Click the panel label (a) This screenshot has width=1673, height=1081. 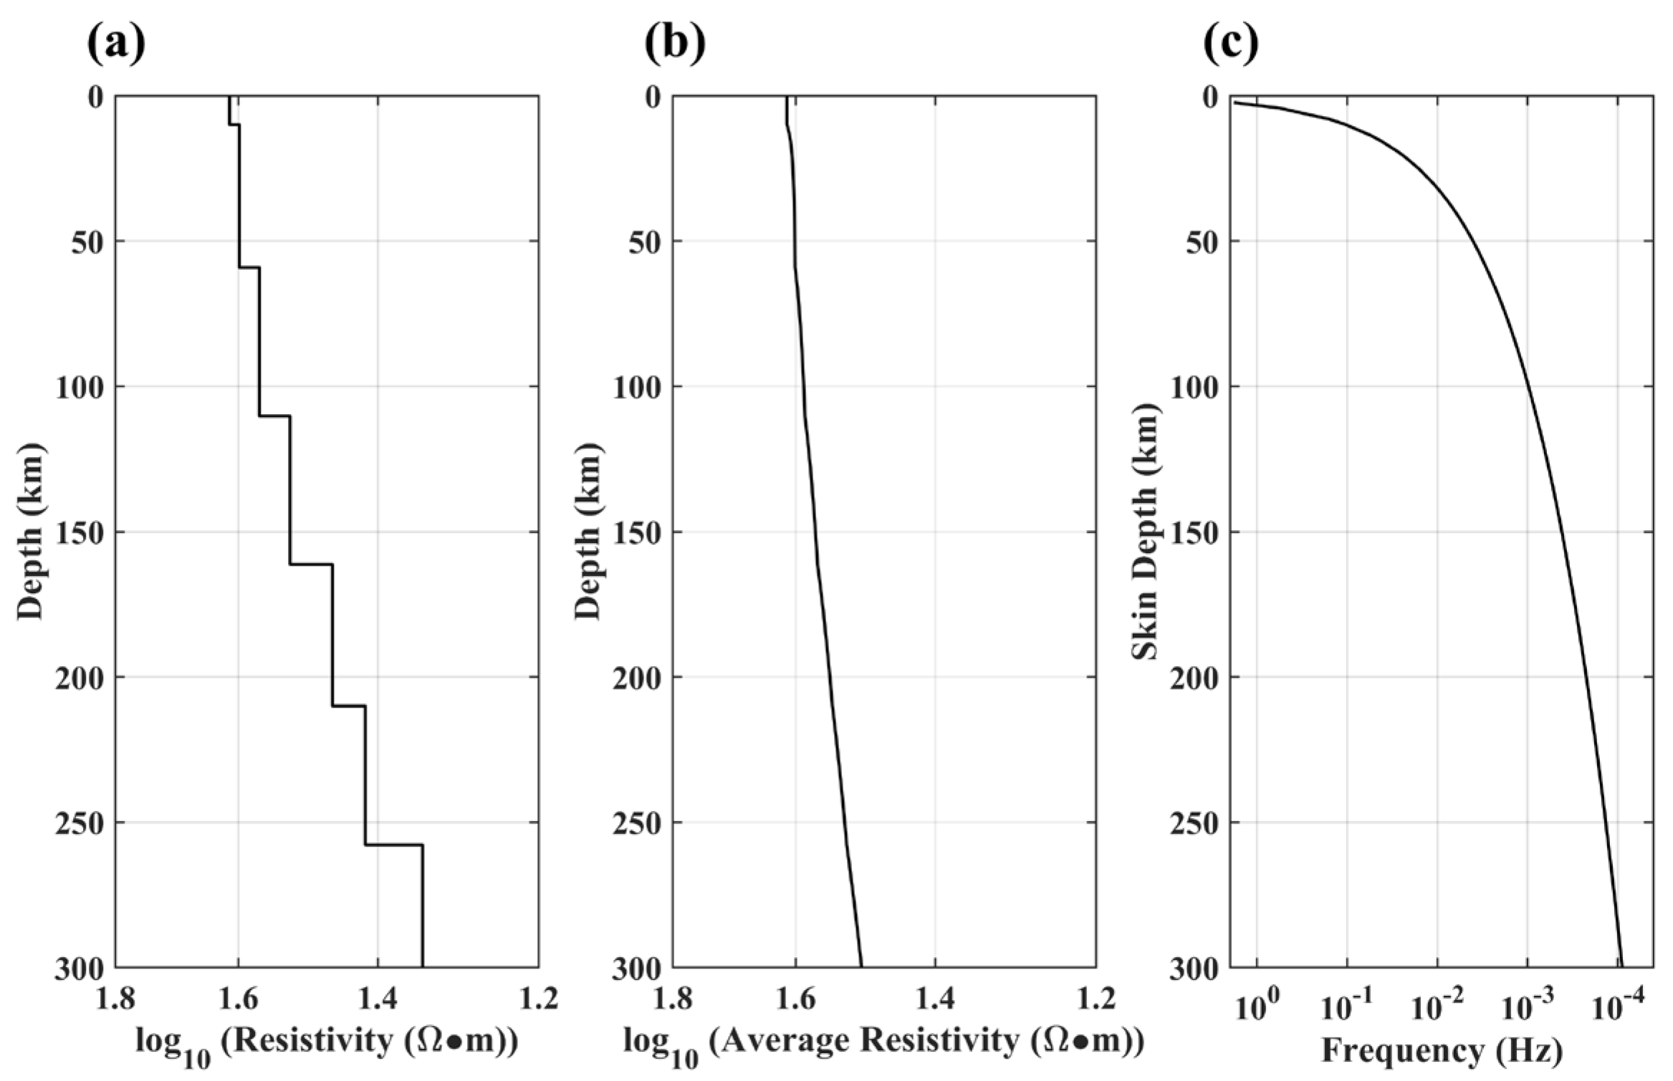click(x=116, y=44)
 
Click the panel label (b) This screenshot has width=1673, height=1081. click(x=675, y=44)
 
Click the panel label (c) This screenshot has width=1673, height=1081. click(x=1230, y=44)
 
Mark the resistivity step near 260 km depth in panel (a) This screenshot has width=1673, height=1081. click(x=393, y=845)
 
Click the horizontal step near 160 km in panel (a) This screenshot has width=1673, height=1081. click(x=311, y=565)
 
